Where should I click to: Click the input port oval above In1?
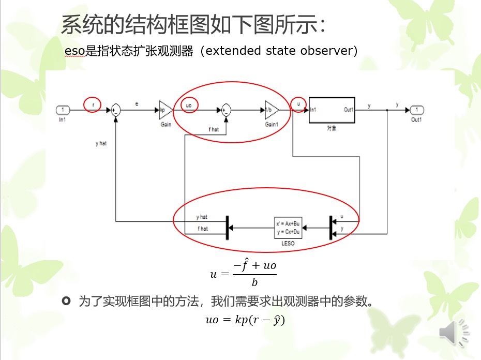coord(63,110)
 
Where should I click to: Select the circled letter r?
coord(93,104)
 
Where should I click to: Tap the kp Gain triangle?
coord(165,110)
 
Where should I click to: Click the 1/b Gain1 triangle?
coord(271,110)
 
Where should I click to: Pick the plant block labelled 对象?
coord(332,110)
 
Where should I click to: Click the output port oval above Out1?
coord(417,110)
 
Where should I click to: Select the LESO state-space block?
coord(288,227)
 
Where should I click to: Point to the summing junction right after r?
coord(116,110)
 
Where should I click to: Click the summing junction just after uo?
coord(226,110)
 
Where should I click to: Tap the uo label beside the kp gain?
coord(189,105)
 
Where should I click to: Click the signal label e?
coord(137,104)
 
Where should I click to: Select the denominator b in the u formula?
coord(254,282)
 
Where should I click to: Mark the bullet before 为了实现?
coord(66,301)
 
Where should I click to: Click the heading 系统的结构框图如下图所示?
coord(194,24)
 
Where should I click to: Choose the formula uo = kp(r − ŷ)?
coord(246,320)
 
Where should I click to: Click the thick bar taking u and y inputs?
coord(330,227)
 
